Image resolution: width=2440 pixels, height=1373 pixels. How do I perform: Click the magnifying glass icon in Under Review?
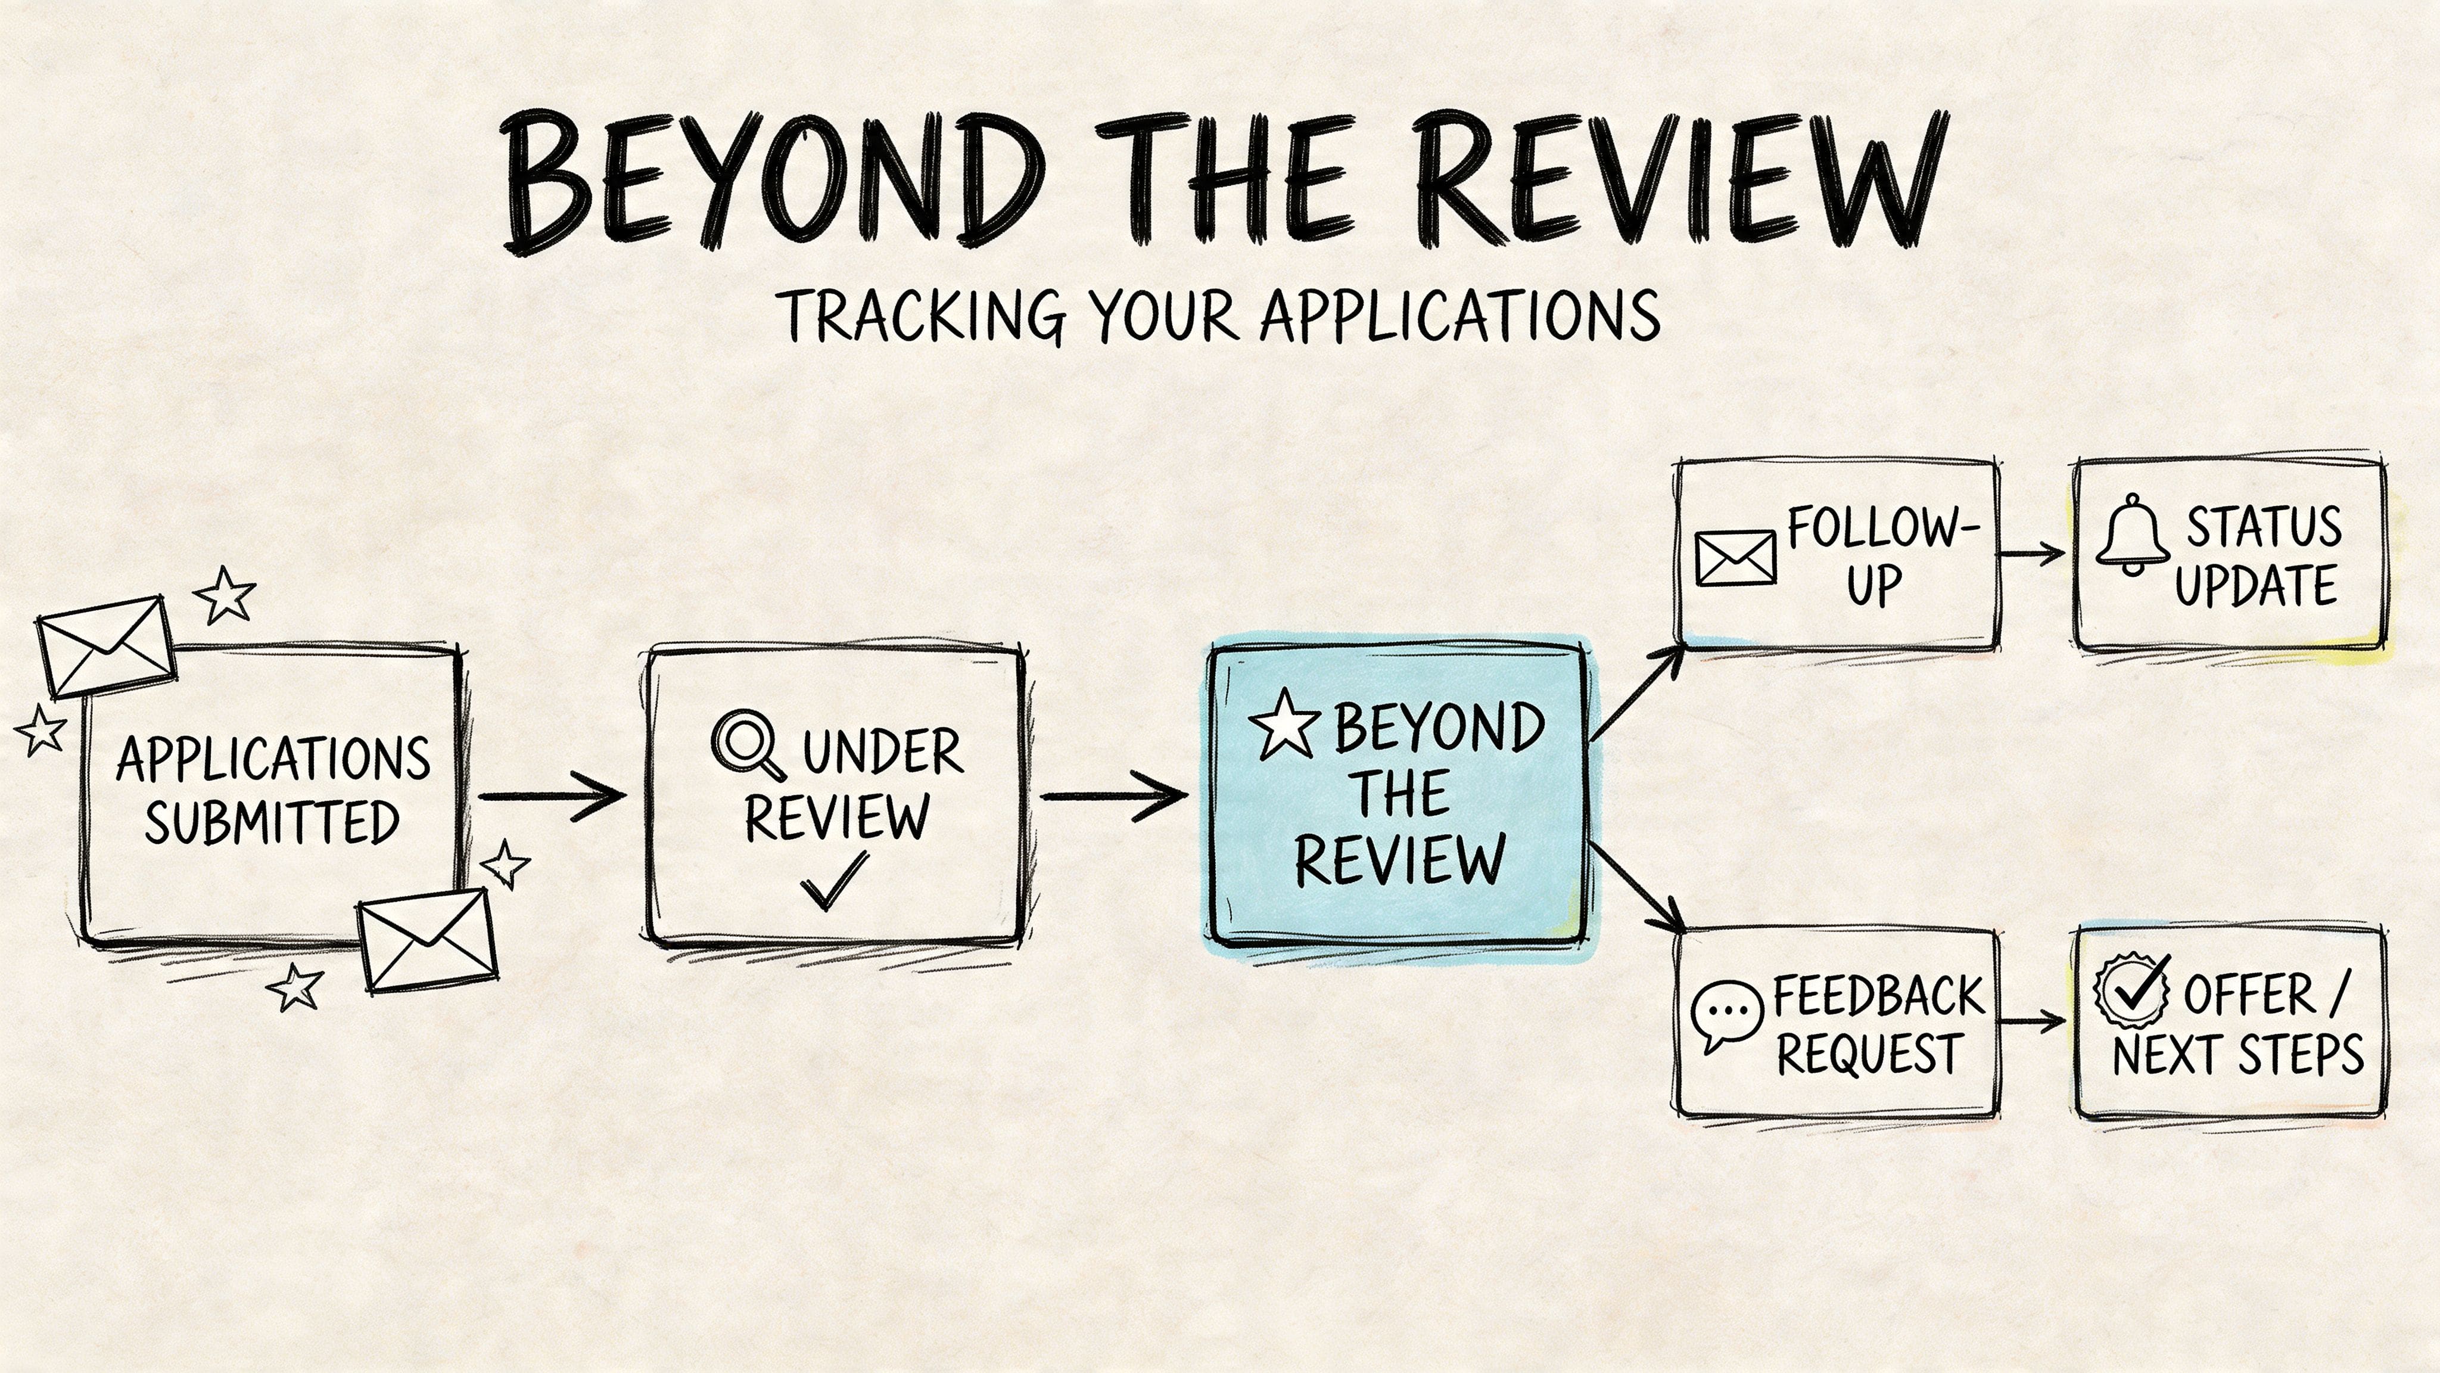pos(746,745)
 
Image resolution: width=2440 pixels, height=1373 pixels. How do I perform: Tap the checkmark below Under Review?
pos(833,880)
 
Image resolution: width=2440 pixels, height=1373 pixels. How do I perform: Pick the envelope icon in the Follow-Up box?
pos(1734,558)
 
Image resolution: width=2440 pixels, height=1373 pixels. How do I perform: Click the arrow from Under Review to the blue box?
pos(1114,796)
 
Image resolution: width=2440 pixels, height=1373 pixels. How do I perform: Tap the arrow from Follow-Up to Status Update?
pos(2033,554)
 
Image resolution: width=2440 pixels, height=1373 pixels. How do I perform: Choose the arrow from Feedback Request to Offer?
pos(2033,1020)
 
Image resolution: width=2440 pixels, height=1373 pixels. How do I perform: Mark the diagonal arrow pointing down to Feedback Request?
pos(1637,887)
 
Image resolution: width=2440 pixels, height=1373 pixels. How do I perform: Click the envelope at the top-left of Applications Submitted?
pos(105,646)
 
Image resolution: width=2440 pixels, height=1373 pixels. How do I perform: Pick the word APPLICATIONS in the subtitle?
pos(1459,315)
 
